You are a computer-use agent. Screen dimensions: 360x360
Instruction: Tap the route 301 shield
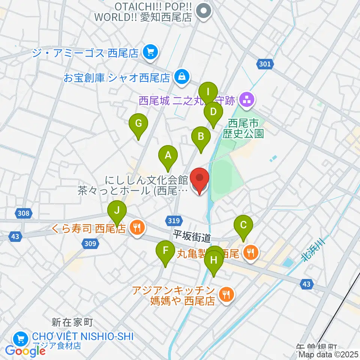265,64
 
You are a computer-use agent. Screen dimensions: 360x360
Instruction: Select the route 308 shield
23,213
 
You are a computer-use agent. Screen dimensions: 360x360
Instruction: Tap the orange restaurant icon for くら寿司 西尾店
137,228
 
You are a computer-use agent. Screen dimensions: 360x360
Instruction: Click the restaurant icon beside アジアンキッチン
226,294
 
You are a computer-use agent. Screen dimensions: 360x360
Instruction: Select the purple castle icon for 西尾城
247,100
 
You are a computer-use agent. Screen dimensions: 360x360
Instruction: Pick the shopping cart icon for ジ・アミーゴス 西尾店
151,52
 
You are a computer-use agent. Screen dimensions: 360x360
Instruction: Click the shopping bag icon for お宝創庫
181,77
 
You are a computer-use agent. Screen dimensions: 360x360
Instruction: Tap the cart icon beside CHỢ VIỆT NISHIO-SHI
19,339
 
